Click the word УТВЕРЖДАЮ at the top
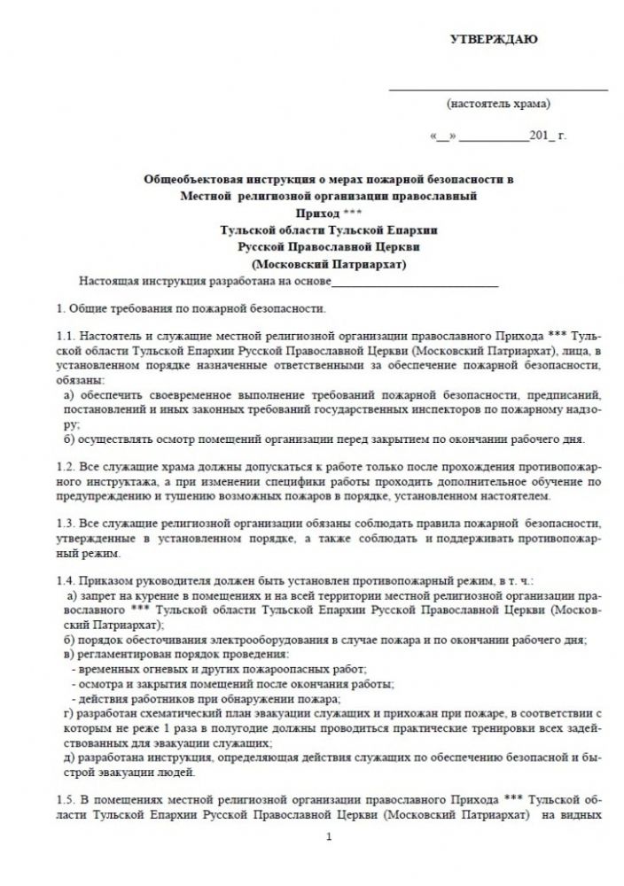pos(495,40)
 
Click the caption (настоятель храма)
pos(498,104)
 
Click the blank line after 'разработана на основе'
pos(414,284)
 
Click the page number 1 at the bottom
pos(328,838)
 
